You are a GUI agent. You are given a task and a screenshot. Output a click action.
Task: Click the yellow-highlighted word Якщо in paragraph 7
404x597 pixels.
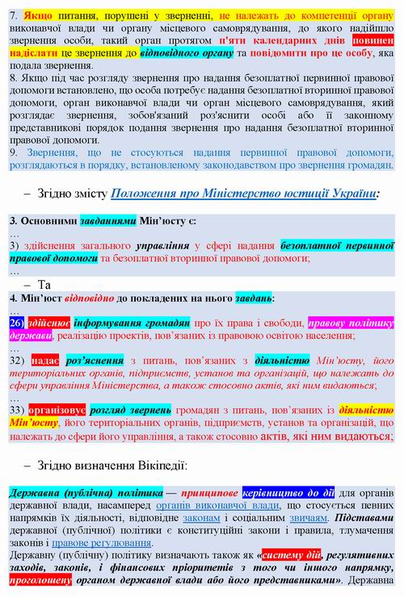coord(37,15)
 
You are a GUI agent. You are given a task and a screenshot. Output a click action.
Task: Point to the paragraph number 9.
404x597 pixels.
coord(13,152)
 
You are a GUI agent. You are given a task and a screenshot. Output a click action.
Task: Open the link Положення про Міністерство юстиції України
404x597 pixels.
coord(243,194)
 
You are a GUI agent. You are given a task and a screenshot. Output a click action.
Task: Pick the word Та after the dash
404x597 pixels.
coord(44,284)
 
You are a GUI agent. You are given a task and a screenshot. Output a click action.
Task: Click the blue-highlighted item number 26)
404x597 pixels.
coord(19,323)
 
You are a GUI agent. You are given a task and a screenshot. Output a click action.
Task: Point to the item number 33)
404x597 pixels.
coord(19,410)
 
